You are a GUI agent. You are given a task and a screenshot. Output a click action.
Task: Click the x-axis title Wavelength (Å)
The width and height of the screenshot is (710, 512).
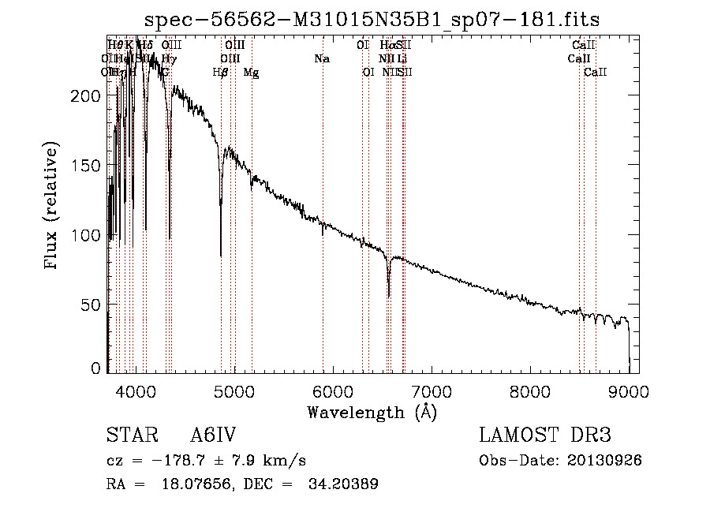pyautogui.click(x=372, y=412)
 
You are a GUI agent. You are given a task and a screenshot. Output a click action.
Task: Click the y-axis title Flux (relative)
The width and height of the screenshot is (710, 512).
pyautogui.click(x=53, y=207)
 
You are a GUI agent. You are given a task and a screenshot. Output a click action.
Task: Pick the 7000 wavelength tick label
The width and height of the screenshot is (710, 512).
pyautogui.click(x=432, y=391)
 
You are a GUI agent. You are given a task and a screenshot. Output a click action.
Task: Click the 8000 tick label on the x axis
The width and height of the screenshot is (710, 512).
pyautogui.click(x=530, y=391)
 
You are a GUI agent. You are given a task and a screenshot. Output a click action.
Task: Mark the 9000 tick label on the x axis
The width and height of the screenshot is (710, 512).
pyautogui.click(x=629, y=391)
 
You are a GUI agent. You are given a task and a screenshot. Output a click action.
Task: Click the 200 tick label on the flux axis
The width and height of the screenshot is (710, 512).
pyautogui.click(x=86, y=96)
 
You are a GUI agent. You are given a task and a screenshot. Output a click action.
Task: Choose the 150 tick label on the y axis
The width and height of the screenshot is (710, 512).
pyautogui.click(x=86, y=166)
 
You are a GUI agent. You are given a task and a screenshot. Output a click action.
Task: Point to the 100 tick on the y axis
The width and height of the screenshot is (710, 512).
pyautogui.click(x=86, y=236)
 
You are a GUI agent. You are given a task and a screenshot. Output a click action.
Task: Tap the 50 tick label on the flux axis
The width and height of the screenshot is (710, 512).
pyautogui.click(x=91, y=305)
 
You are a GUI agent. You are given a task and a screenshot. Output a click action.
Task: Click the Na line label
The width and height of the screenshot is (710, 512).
pyautogui.click(x=321, y=58)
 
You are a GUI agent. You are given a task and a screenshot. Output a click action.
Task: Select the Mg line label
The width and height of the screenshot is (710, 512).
pyautogui.click(x=251, y=73)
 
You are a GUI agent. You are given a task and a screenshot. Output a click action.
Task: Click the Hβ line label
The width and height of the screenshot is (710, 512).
pyautogui.click(x=221, y=73)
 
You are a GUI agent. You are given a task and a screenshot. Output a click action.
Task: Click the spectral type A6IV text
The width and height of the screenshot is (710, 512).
pyautogui.click(x=213, y=436)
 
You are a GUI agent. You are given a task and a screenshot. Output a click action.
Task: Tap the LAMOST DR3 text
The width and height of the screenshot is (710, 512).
pyautogui.click(x=545, y=436)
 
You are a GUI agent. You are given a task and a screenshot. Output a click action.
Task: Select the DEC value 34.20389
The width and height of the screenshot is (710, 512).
pyautogui.click(x=345, y=484)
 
